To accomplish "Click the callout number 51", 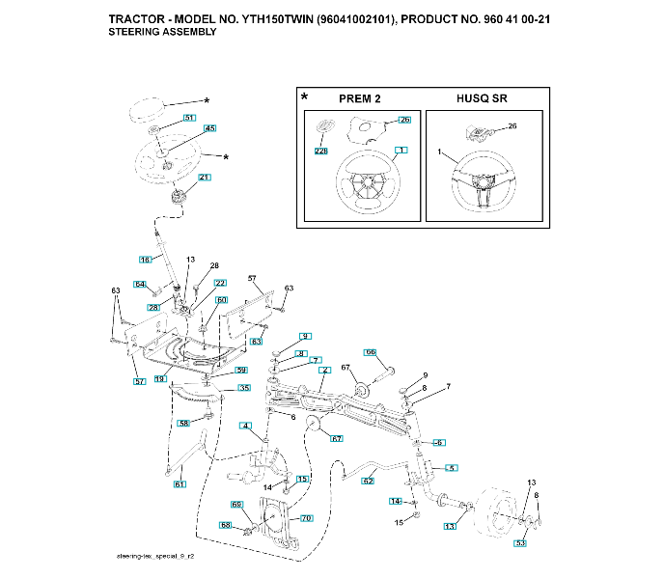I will pos(189,118).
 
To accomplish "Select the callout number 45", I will pos(209,128).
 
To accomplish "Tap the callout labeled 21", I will pos(204,178).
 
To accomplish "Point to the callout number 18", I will pos(146,260).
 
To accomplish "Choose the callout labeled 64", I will pos(140,284).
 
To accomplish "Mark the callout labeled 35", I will pos(244,388).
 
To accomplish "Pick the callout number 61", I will pos(179,484).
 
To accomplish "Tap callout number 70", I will pos(307,518).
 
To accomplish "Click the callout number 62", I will pos(368,480).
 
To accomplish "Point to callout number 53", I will pos(520,544).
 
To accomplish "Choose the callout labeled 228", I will pos(320,152).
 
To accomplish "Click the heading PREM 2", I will pos(360,99).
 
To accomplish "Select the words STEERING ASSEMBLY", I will pos(162,32).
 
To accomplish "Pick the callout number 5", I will pos(451,467).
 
